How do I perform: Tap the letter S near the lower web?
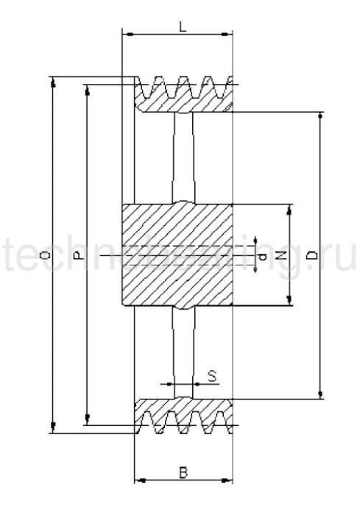211,376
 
